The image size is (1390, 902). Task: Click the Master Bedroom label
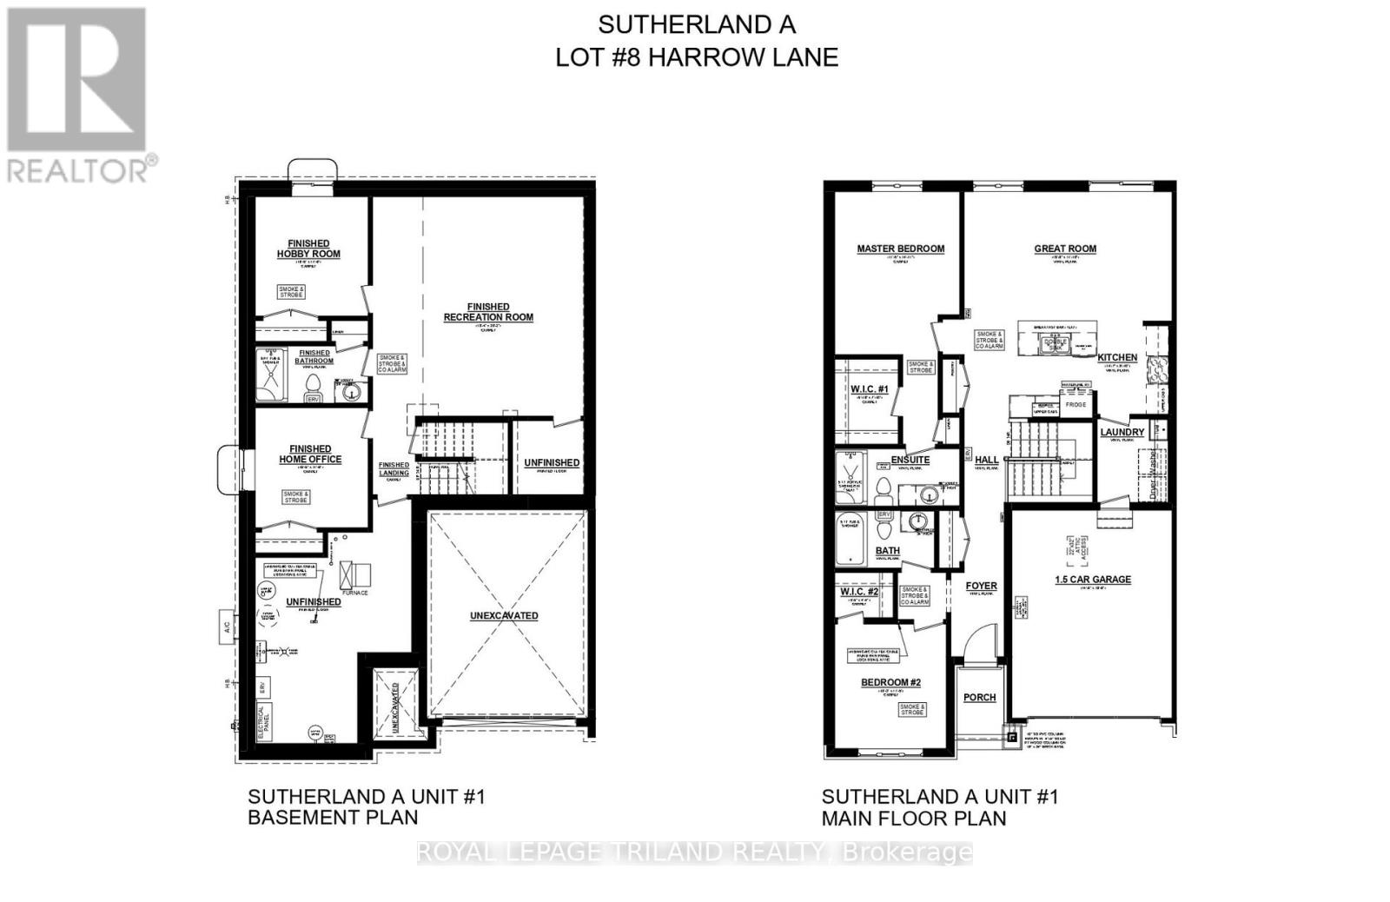[900, 249]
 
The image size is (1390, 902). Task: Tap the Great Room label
[1064, 249]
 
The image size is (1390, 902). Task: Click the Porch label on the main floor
[979, 697]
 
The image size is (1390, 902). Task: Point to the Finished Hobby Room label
[308, 249]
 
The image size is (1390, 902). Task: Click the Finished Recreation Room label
[488, 312]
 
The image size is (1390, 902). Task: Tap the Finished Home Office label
[310, 454]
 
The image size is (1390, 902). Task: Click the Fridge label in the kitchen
[1076, 405]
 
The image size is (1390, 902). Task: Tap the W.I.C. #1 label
[870, 388]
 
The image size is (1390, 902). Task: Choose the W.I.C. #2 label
[859, 592]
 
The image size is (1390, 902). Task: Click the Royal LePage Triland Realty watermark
[695, 852]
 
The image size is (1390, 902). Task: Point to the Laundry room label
[1122, 432]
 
